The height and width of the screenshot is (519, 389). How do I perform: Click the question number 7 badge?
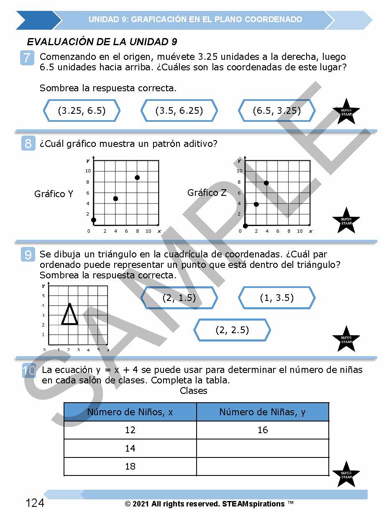(27, 57)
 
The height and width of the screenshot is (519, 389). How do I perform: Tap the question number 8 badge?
(28, 144)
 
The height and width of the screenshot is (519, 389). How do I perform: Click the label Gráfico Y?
(54, 194)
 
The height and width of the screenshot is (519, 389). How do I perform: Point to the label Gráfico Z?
(207, 193)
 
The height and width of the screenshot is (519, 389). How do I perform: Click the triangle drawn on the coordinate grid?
(70, 315)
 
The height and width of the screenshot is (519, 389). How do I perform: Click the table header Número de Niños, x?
(130, 412)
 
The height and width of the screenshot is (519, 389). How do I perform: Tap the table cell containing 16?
(263, 430)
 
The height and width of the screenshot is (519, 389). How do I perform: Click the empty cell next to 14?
(263, 448)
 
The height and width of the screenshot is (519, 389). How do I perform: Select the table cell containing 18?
(130, 466)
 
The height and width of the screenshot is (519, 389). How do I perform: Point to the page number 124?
(35, 503)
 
